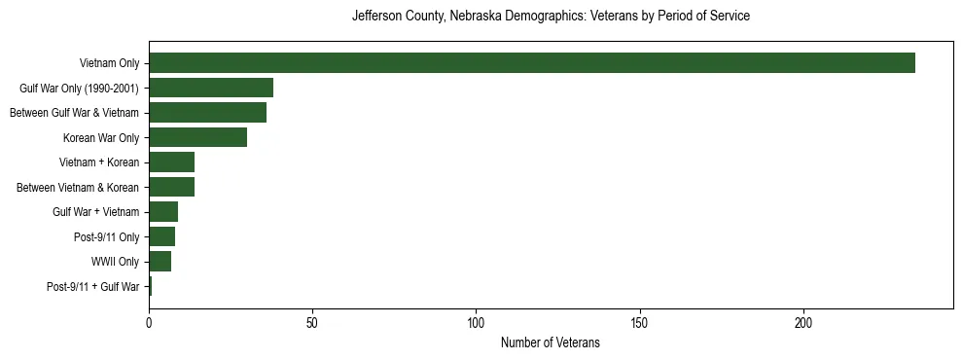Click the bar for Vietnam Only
[x=531, y=63]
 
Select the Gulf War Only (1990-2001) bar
[x=211, y=88]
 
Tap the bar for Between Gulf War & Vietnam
[x=207, y=113]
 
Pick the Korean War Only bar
[x=197, y=137]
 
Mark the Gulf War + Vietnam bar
[x=163, y=212]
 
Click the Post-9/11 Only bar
[x=161, y=236]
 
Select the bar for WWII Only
[x=160, y=262]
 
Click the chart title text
[x=551, y=17]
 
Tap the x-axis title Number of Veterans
[x=551, y=343]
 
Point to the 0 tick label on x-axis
[x=149, y=322]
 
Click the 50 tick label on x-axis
[x=312, y=322]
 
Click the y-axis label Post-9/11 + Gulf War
[x=92, y=287]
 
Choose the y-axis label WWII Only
[x=116, y=262]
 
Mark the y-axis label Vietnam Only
[x=109, y=63]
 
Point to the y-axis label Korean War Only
[x=101, y=137]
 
